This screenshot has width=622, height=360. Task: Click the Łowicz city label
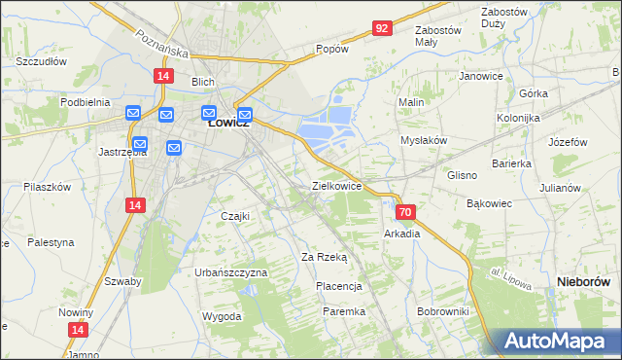click(x=229, y=124)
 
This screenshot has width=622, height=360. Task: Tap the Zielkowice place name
click(x=336, y=185)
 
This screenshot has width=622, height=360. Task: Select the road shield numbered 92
click(x=381, y=28)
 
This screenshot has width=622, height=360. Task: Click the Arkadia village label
click(x=402, y=234)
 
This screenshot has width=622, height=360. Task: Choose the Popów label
click(x=331, y=49)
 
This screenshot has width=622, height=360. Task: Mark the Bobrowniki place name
click(x=442, y=311)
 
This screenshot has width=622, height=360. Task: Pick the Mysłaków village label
click(x=424, y=140)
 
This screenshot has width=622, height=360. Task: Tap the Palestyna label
click(x=51, y=241)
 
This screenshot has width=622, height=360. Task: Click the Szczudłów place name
click(x=41, y=60)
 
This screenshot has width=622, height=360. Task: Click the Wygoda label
click(x=222, y=317)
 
